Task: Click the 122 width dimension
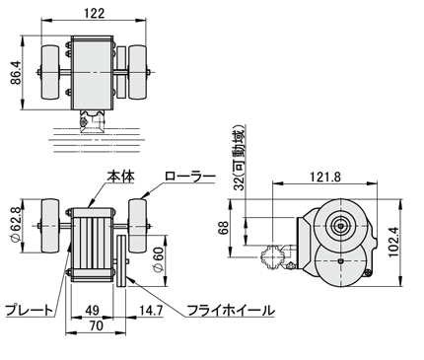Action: coord(94,13)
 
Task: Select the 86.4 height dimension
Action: coord(16,73)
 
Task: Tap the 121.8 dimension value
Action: coord(325,178)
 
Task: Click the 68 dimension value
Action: coord(223,228)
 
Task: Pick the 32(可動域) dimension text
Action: coord(239,158)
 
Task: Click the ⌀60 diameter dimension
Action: coord(158,259)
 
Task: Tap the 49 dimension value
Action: coord(92,310)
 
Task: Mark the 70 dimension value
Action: coord(97,325)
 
